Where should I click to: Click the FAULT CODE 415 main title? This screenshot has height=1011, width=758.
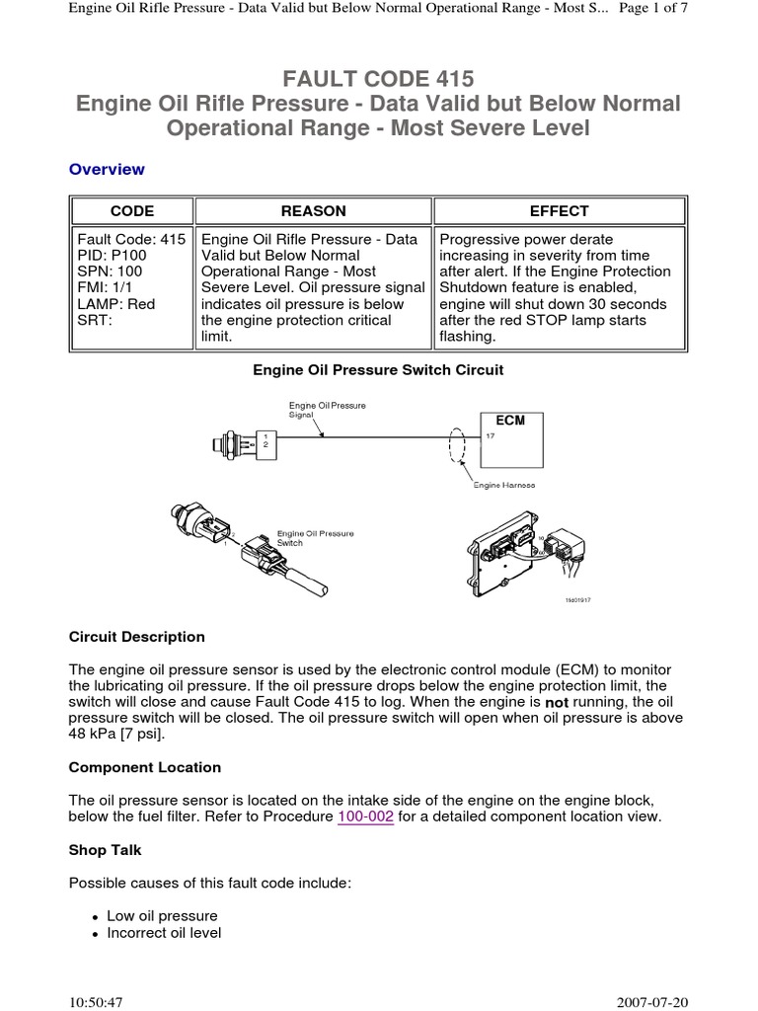(378, 78)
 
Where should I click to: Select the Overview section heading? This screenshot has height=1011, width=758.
(107, 169)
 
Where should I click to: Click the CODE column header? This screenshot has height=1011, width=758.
(131, 210)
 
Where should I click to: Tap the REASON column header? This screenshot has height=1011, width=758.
(313, 210)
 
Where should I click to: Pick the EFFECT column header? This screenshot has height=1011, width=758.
(560, 210)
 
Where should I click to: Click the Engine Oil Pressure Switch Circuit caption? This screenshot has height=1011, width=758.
(378, 370)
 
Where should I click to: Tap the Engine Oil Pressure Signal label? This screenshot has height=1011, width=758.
(314, 410)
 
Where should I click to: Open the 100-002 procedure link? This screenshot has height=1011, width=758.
(365, 817)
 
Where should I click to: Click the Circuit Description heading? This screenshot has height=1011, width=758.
(136, 637)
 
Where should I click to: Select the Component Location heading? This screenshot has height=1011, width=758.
(144, 767)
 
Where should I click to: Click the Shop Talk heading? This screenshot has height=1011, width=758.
(106, 849)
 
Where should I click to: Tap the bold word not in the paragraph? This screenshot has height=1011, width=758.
(558, 702)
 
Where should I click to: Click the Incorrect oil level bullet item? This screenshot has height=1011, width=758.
(164, 933)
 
